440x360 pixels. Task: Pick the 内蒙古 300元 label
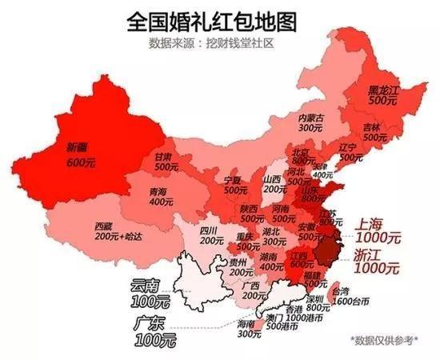(x=310, y=122)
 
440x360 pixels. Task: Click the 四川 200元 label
(x=211, y=234)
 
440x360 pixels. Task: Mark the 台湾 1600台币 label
(x=347, y=295)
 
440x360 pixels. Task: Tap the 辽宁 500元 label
(x=347, y=153)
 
